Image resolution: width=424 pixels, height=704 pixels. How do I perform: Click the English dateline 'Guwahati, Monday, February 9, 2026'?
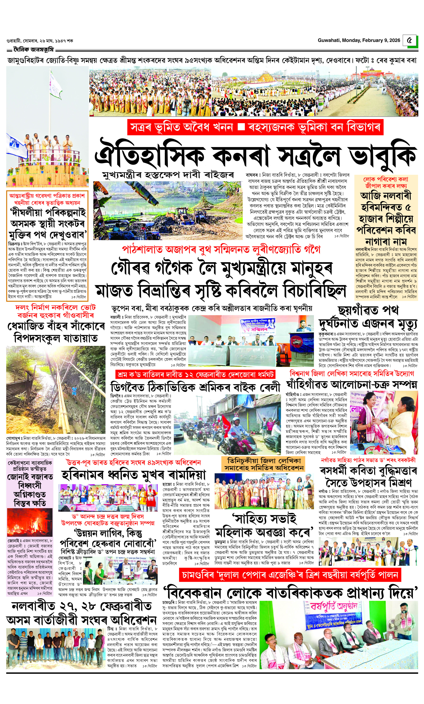(359, 40)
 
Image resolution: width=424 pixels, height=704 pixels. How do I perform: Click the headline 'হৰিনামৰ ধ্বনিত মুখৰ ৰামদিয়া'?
(134, 475)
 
